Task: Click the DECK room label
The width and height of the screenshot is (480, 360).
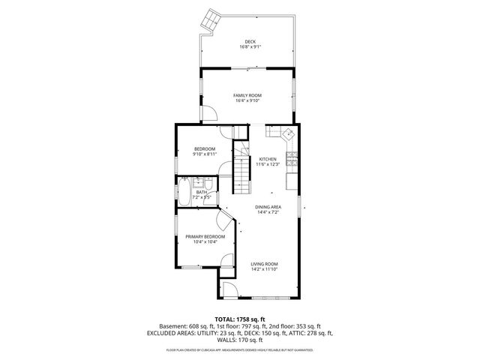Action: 249,41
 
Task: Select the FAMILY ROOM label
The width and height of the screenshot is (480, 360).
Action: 247,96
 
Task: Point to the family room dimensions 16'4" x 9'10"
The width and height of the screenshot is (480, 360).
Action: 247,102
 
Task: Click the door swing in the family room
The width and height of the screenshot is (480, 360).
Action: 209,113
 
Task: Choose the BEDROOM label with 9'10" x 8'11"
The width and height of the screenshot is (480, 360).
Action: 205,149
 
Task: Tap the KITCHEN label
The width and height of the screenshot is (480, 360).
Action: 268,159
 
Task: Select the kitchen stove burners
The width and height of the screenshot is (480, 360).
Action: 294,159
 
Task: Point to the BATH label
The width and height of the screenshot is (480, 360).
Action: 202,193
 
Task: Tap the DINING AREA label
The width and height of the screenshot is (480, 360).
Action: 268,207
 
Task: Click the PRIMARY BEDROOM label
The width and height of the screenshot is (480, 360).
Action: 205,236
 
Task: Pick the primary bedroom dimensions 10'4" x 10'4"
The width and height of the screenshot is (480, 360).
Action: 205,242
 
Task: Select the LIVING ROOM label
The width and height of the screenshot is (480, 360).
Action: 265,264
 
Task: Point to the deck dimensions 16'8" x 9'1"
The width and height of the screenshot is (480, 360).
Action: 249,47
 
